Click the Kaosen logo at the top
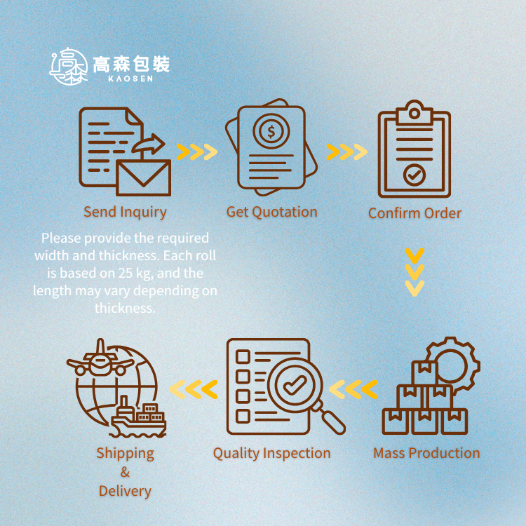tap(109, 66)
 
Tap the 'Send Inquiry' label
tap(125, 212)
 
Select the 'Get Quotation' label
tap(272, 212)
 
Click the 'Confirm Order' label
tap(415, 213)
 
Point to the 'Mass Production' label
tap(426, 453)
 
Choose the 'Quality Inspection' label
tap(272, 454)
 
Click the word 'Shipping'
tap(125, 453)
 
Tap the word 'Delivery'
tap(125, 491)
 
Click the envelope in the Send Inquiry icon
tap(144, 177)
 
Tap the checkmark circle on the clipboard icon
tap(414, 175)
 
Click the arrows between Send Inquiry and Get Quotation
tap(196, 151)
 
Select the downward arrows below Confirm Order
tap(415, 271)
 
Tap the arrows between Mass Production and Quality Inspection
tap(353, 389)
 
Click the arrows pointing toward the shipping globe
tap(194, 389)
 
